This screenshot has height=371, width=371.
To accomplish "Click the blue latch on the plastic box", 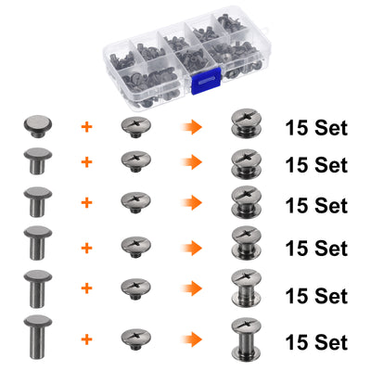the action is [206, 80].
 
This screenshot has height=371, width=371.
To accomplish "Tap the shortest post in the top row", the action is [38, 126].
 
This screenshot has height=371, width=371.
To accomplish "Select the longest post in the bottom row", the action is [38, 338].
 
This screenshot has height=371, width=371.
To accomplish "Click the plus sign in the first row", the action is [87, 127].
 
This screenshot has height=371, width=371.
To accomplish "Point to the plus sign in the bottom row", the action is [87, 339].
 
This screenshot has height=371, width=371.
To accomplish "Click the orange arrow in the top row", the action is [191, 127].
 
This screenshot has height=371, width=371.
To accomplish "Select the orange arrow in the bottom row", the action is [191, 339].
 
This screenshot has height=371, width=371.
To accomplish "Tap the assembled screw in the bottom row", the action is [246, 339].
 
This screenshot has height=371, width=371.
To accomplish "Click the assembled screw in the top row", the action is [246, 123].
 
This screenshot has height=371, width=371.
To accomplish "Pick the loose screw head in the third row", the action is [135, 202].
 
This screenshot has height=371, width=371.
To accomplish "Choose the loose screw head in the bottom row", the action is [135, 339].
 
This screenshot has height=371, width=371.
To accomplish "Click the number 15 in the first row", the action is [297, 128].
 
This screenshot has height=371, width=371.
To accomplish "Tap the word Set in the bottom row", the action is [331, 342].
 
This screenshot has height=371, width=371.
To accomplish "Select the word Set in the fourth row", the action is [331, 249].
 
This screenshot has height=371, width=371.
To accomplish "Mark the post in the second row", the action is [38, 160].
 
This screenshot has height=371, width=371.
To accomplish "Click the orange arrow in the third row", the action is [191, 203].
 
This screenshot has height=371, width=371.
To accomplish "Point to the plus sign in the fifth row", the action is [87, 288].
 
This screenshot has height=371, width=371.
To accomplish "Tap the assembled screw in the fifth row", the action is [246, 288].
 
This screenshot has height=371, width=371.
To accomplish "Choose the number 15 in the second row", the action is [297, 165].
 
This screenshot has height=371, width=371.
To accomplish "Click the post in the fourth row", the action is [38, 243].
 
